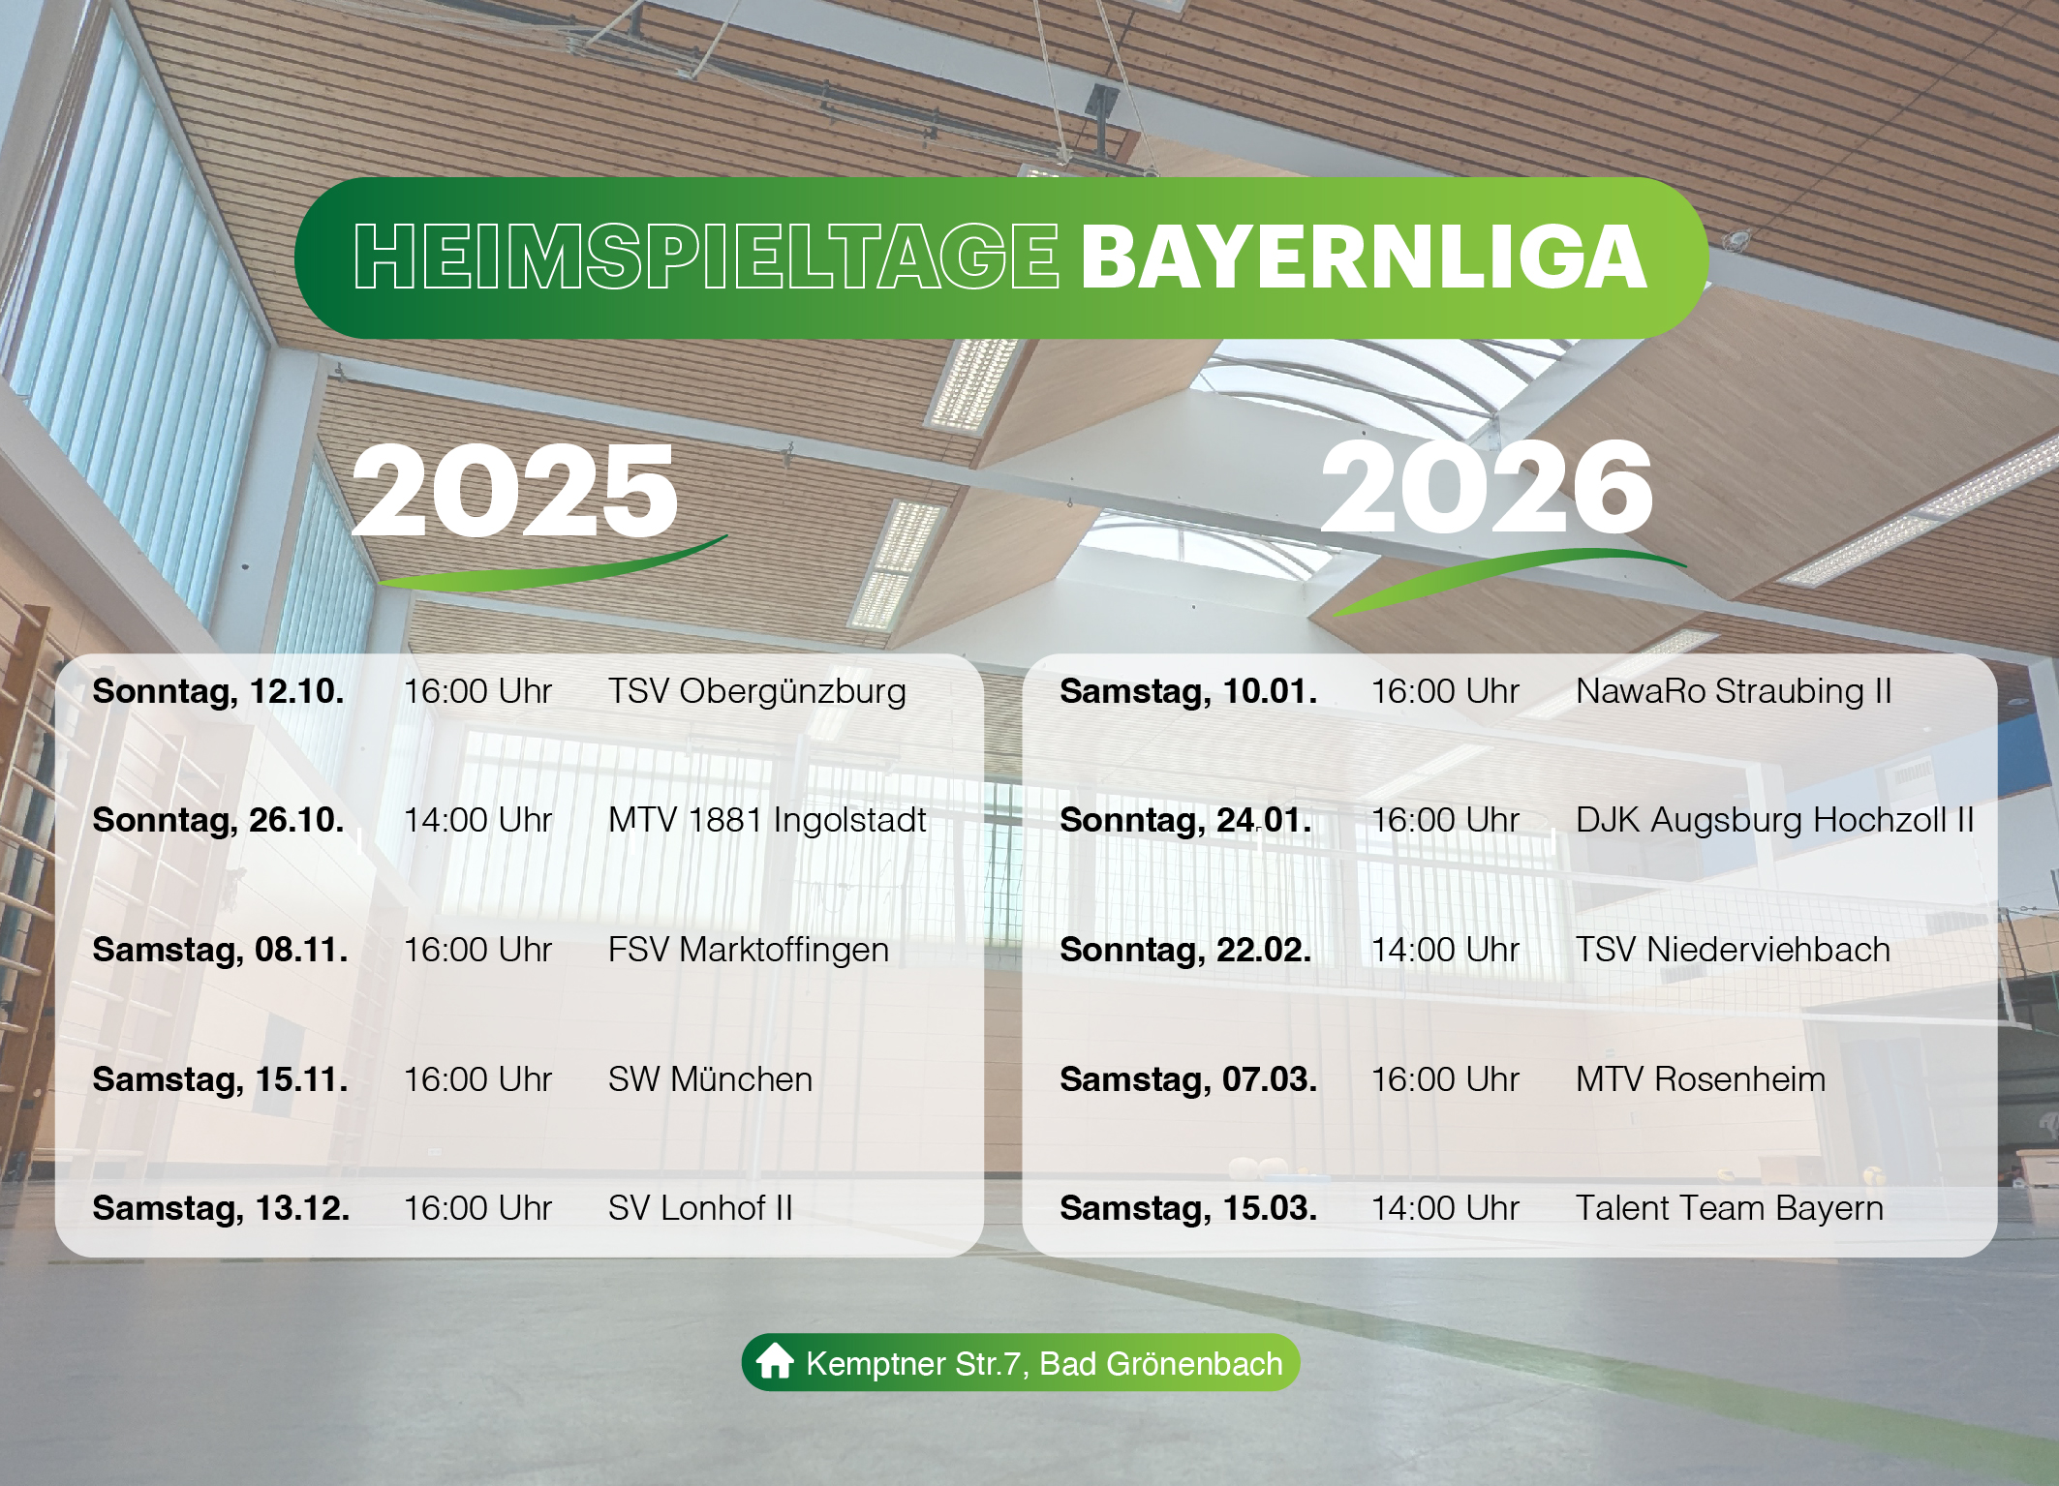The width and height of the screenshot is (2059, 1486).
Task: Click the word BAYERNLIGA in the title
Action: coord(1364,257)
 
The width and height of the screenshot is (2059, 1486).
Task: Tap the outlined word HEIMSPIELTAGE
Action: coord(706,257)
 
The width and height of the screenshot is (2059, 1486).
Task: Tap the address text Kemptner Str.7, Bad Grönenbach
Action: coord(1044,1363)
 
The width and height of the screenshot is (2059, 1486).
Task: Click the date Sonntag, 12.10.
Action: coord(218,691)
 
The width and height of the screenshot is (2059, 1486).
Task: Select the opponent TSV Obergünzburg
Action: coord(757,691)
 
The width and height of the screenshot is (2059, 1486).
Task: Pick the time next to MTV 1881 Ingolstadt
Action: coord(477,820)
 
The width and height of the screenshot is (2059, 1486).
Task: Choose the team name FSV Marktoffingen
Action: coord(749,950)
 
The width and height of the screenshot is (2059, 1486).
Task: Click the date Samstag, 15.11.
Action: coord(220,1079)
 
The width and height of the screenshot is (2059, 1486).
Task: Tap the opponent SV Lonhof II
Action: coord(700,1208)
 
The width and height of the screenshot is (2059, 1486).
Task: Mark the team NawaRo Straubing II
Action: coord(1734,691)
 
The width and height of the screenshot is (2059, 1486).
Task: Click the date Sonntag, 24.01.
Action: coord(1185,820)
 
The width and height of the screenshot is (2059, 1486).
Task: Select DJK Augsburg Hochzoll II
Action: coord(1774,820)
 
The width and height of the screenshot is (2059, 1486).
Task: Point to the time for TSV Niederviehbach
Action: coord(1445,950)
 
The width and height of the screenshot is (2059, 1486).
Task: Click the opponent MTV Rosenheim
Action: coord(1701,1079)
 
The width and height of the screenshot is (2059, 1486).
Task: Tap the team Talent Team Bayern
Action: coord(1730,1208)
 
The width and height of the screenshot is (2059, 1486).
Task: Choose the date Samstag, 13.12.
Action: coord(221,1208)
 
